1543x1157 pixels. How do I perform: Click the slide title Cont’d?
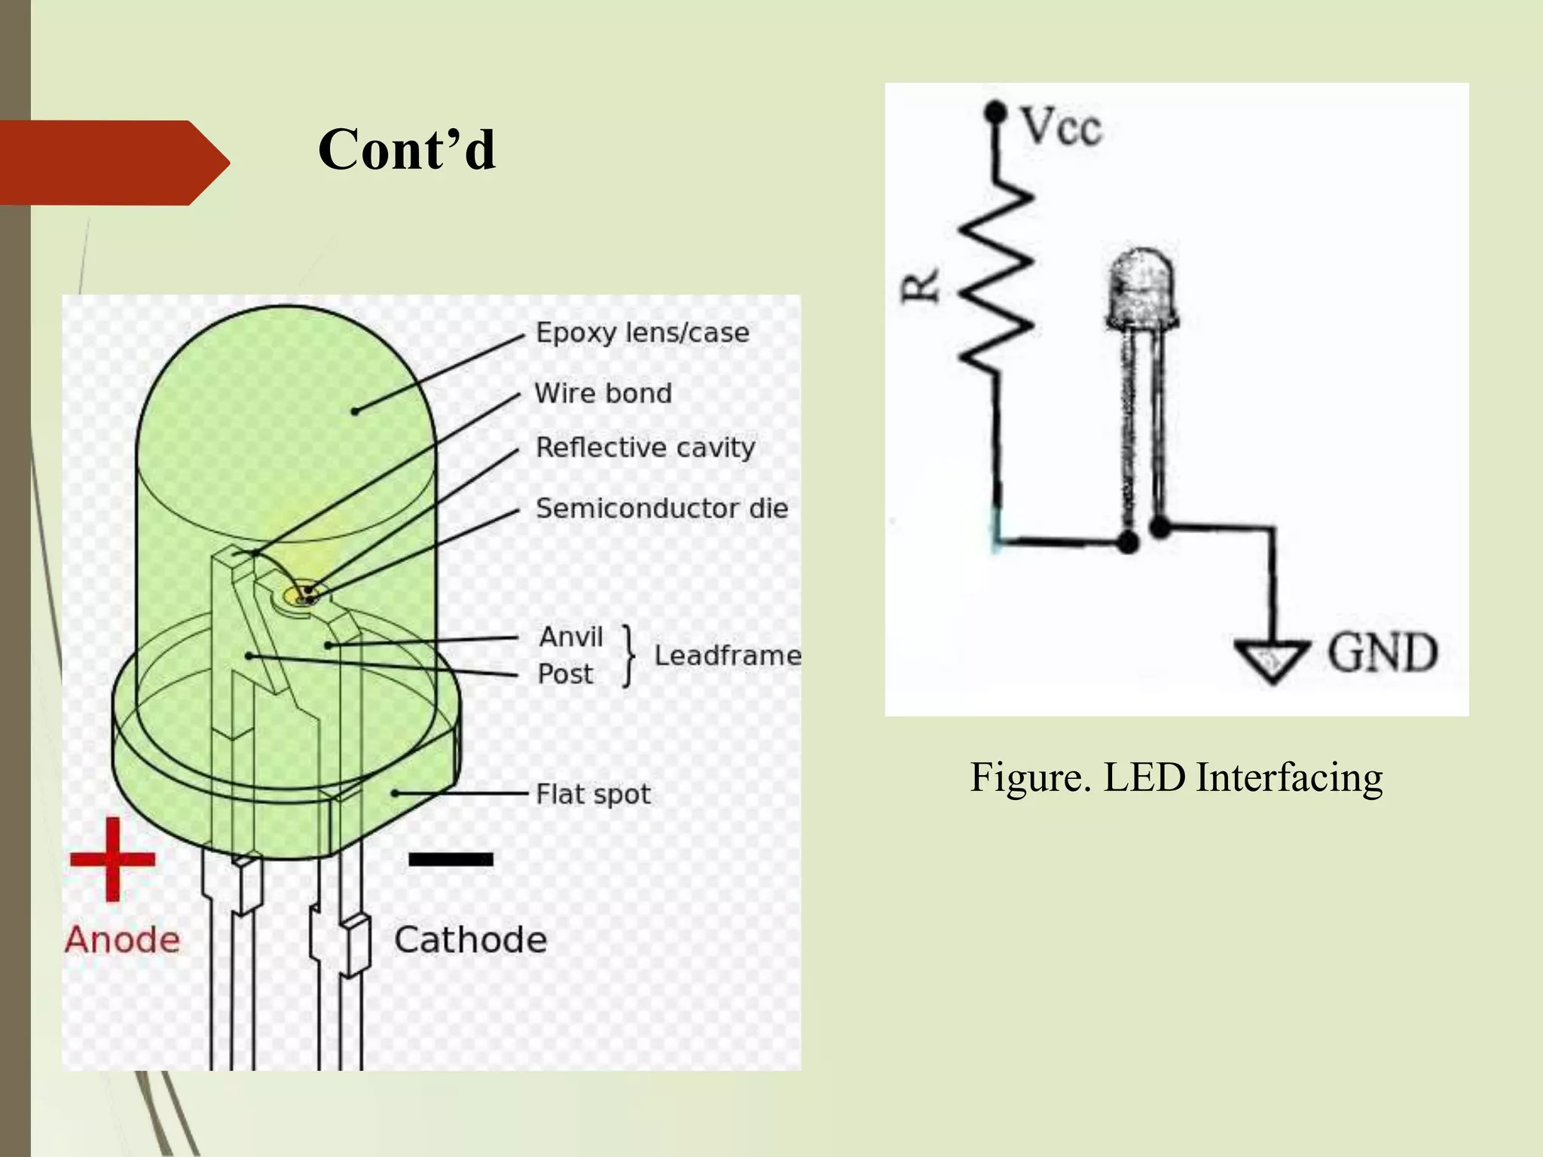point(407,149)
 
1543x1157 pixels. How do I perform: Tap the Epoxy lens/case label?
point(642,333)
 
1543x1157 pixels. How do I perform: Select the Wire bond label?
point(603,393)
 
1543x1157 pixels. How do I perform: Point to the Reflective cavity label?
point(645,447)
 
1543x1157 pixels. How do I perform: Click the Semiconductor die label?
point(662,508)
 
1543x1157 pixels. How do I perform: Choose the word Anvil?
point(571,637)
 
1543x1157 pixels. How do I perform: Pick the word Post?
point(565,674)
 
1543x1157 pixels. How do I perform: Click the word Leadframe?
point(727,655)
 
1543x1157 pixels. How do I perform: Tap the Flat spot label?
point(593,794)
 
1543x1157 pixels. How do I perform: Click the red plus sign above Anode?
point(112,859)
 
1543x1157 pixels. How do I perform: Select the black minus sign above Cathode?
point(451,859)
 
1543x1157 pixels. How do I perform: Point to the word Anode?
point(122,940)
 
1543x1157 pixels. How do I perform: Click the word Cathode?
point(470,940)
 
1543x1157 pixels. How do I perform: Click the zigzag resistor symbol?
point(997,279)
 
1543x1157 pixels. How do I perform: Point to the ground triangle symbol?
point(1273,660)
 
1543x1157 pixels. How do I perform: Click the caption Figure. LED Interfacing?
point(1176,777)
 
